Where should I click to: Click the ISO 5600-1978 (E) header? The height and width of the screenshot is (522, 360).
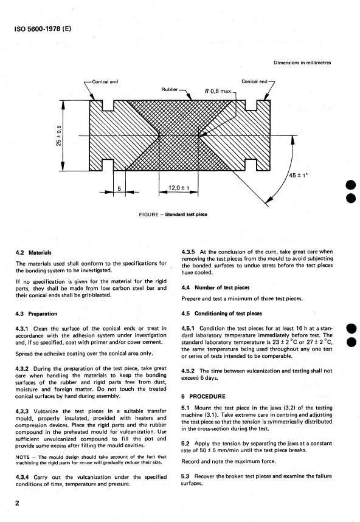pyautogui.click(x=43, y=29)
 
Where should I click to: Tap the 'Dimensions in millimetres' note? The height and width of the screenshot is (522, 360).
pyautogui.click(x=302, y=62)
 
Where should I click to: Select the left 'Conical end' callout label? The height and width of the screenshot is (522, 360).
pyautogui.click(x=105, y=81)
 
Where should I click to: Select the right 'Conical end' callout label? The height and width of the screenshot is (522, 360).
pyautogui.click(x=254, y=81)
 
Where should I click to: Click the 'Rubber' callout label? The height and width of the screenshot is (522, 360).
pyautogui.click(x=170, y=89)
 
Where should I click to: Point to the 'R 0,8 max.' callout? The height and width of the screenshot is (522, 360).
pyautogui.click(x=218, y=91)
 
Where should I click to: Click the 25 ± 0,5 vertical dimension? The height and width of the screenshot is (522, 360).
pyautogui.click(x=59, y=136)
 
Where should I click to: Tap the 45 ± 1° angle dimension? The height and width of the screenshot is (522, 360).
pyautogui.click(x=299, y=175)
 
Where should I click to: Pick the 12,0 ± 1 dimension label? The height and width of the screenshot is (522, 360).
pyautogui.click(x=179, y=188)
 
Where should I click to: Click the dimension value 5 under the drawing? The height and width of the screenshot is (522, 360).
pyautogui.click(x=119, y=189)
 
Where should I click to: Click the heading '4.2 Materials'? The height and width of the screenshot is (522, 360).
pyautogui.click(x=33, y=253)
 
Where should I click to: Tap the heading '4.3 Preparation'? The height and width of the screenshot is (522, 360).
pyautogui.click(x=36, y=314)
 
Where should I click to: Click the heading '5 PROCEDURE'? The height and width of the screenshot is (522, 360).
pyautogui.click(x=203, y=396)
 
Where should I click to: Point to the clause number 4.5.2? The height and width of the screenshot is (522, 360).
pyautogui.click(x=189, y=371)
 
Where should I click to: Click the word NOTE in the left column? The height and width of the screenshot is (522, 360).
pyautogui.click(x=22, y=457)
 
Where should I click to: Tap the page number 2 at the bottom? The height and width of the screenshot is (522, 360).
pyautogui.click(x=17, y=503)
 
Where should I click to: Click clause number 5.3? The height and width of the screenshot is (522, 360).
pyautogui.click(x=185, y=476)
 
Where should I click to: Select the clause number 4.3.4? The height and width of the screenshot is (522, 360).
pyautogui.click(x=22, y=477)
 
